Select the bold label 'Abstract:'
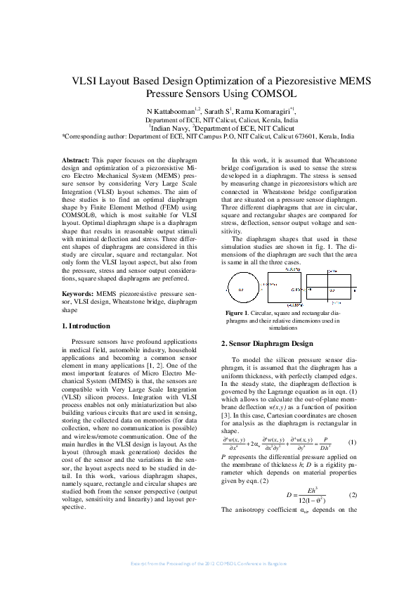[x=76, y=161]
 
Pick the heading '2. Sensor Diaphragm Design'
[x=267, y=344]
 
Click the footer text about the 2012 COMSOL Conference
[x=209, y=565]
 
